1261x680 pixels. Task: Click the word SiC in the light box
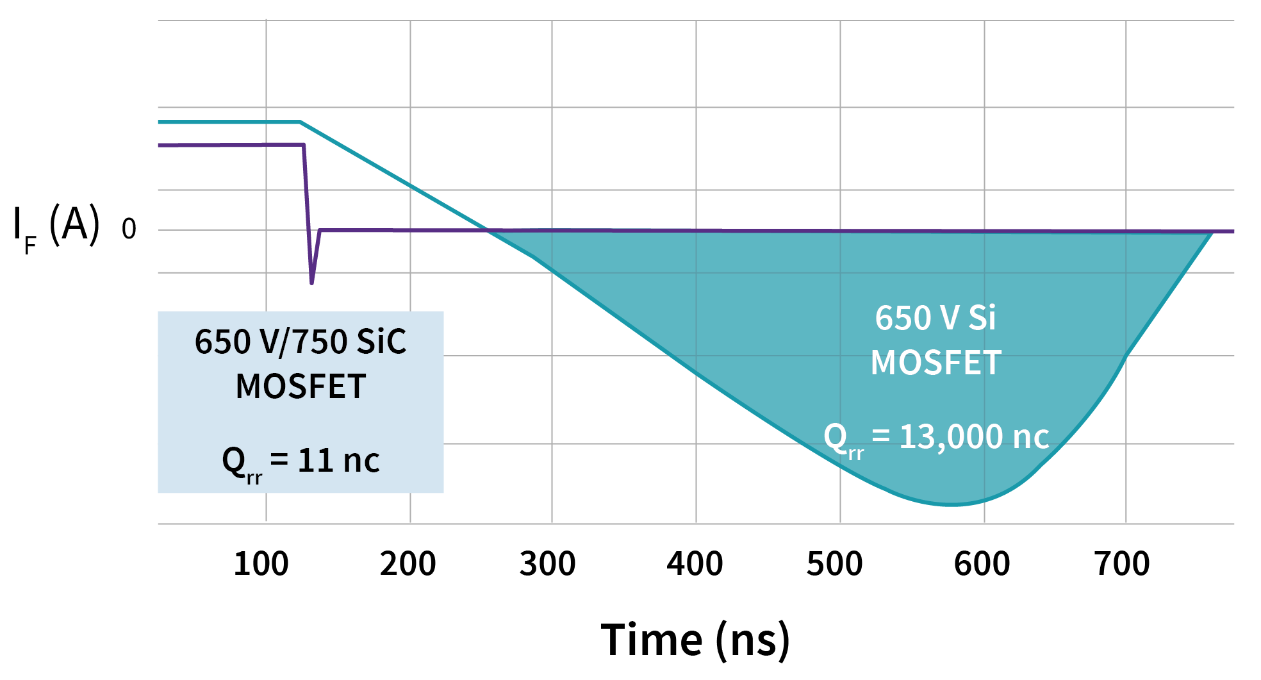tap(381, 342)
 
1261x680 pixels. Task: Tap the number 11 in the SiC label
tap(314, 460)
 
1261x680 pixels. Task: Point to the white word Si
tap(982, 318)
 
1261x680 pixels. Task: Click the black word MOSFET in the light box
tap(301, 386)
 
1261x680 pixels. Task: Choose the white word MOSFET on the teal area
tap(935, 363)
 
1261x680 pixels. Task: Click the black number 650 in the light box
tap(222, 342)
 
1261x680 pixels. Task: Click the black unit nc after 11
tap(361, 460)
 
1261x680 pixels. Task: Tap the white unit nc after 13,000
tap(1030, 437)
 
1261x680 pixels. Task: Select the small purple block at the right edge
tap(1223, 251)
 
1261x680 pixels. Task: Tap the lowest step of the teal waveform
tap(950, 512)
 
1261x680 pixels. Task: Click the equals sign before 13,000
tap(880, 437)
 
